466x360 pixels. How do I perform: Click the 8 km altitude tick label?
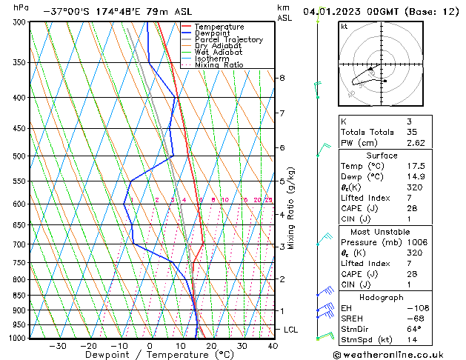[282, 78]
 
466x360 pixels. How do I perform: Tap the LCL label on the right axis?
[291, 329]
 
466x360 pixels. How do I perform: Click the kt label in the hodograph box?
[344, 27]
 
